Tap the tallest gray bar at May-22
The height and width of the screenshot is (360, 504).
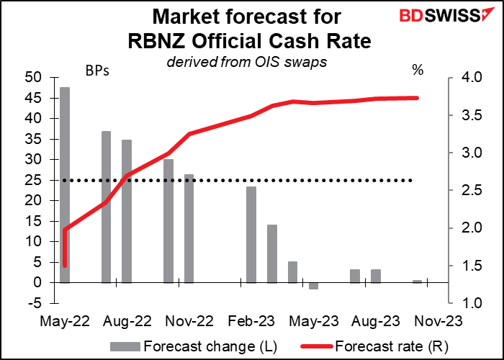click(x=65, y=184)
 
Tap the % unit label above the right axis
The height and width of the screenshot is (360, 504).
click(x=417, y=71)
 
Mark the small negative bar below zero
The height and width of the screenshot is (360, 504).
click(x=313, y=286)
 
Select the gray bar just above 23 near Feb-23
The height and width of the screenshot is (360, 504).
click(x=251, y=234)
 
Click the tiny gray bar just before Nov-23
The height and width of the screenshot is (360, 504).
click(x=417, y=282)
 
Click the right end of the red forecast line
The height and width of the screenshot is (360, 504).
click(x=418, y=98)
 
